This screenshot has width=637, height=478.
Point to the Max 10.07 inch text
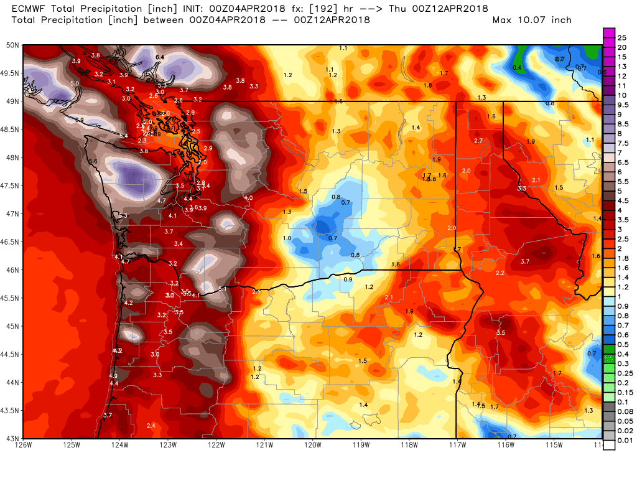532,20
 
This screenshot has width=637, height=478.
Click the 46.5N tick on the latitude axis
11,241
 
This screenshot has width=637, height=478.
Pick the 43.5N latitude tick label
11,410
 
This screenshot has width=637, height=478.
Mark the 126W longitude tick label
24,444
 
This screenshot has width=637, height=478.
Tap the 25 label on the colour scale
621,38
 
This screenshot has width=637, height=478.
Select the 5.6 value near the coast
93,162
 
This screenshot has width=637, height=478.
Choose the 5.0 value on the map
75,83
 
